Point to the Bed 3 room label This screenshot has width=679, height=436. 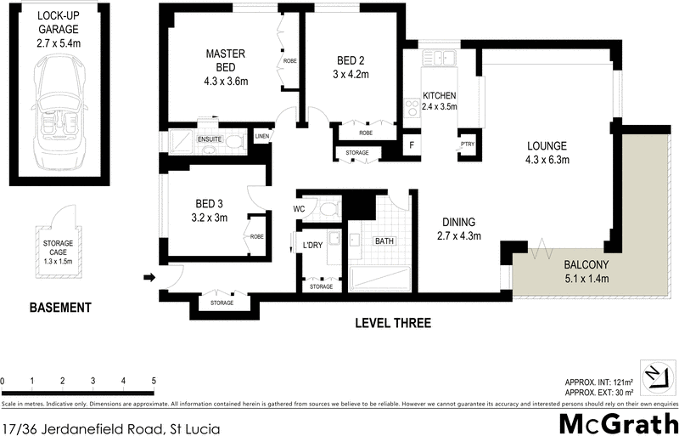tap(209, 204)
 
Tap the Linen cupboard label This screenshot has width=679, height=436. tap(261, 136)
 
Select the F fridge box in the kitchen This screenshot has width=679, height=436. tap(412, 145)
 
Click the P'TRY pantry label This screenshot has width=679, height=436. tap(467, 145)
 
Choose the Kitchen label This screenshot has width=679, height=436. tap(440, 95)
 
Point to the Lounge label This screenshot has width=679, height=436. tap(546, 145)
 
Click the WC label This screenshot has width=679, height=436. tap(299, 207)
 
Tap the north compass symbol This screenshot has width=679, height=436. tap(653, 374)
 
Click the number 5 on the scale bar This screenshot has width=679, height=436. tap(154, 380)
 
